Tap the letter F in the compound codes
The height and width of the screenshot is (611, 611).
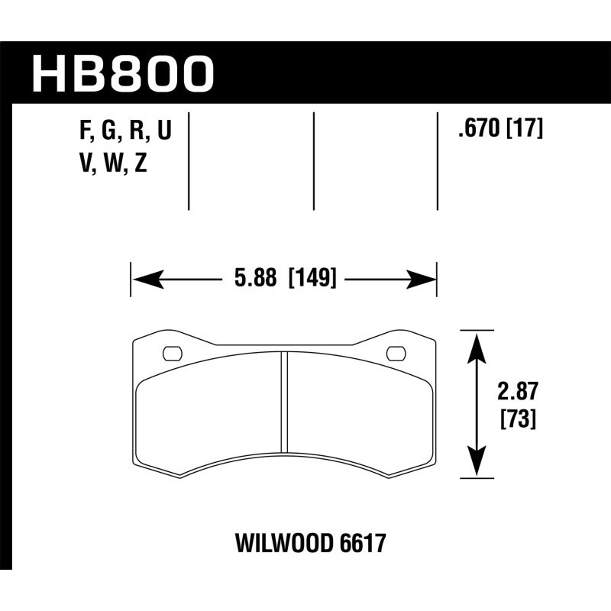click(x=85, y=132)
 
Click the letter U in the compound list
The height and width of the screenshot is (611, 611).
click(x=163, y=132)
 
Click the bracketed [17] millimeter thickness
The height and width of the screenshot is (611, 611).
click(x=524, y=130)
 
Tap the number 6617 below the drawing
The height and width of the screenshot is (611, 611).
click(x=360, y=544)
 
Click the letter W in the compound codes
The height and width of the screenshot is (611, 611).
click(x=111, y=164)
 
